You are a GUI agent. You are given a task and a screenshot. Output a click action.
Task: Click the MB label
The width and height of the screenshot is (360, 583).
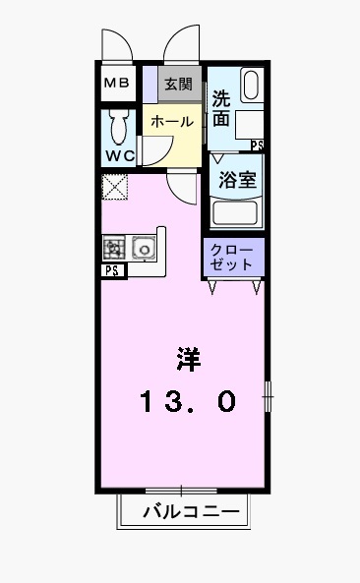click(x=117, y=85)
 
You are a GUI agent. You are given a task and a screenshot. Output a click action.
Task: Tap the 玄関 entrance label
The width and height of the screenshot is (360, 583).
click(x=179, y=85)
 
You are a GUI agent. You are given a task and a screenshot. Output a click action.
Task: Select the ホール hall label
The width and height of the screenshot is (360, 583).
click(x=171, y=121)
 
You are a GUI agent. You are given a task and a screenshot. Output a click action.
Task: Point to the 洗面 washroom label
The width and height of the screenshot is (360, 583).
click(x=221, y=108)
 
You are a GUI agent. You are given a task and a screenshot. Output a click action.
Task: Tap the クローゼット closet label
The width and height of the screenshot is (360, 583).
click(x=233, y=258)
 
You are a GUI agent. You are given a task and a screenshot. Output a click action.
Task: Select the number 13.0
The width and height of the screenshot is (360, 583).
click(x=187, y=401)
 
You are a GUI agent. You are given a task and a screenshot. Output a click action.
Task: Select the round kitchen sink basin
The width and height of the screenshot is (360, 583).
click(x=145, y=250)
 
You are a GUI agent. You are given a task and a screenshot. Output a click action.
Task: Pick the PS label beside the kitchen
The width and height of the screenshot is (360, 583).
click(x=111, y=271)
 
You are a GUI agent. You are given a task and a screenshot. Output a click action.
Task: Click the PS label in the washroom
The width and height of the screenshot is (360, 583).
click(x=257, y=146)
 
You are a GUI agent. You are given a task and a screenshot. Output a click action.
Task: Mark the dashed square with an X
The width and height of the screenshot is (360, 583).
click(x=113, y=186)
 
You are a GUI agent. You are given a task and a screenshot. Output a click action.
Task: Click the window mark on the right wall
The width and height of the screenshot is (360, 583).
click(x=267, y=398)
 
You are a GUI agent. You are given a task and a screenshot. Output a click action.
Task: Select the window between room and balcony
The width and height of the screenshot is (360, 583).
click(x=181, y=490)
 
